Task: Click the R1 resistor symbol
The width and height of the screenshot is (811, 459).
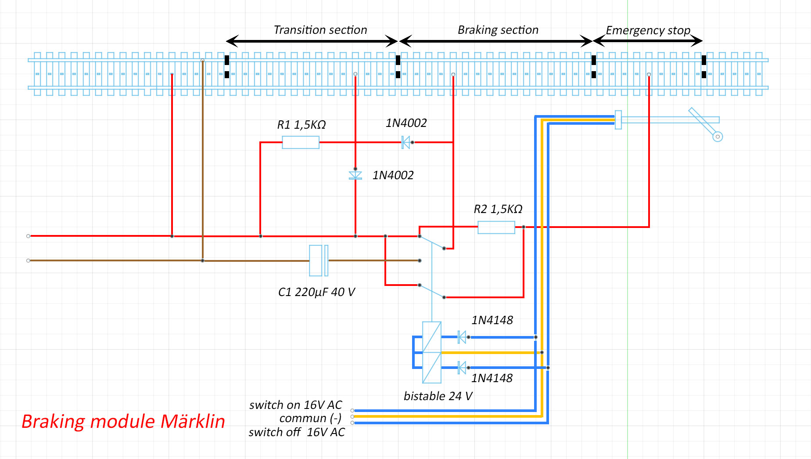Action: [x=301, y=142]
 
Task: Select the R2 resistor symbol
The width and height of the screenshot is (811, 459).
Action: [x=496, y=227]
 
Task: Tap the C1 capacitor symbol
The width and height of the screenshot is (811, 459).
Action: [x=319, y=260]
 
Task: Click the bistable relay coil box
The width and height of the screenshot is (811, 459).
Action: [x=432, y=352]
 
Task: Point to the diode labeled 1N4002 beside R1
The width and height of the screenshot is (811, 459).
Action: [x=406, y=142]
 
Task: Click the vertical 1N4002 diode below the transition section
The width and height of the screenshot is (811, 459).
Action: [x=355, y=175]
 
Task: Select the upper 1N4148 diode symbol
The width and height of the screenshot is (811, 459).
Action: [x=462, y=337]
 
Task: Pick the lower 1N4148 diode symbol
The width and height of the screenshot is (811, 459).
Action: [x=462, y=367]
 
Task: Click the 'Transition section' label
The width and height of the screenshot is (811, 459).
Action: [x=320, y=30]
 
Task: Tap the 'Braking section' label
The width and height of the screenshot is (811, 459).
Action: [x=498, y=30]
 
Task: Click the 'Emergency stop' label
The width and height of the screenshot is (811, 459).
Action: [x=648, y=30]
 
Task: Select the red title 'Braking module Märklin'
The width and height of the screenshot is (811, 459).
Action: [x=123, y=421]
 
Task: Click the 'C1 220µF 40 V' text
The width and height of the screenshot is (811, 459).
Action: [x=316, y=292]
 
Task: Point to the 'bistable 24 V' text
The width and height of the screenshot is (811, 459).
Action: [x=438, y=396]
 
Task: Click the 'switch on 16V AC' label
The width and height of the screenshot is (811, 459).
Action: [x=295, y=405]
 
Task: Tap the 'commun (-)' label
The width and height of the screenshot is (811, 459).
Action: [x=310, y=418]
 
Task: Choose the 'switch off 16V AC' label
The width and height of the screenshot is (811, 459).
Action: [x=297, y=432]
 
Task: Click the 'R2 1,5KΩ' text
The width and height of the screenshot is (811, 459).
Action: [x=498, y=209]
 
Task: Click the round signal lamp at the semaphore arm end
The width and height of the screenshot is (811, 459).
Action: [x=718, y=137]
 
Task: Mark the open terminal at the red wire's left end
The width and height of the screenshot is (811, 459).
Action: [x=29, y=236]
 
